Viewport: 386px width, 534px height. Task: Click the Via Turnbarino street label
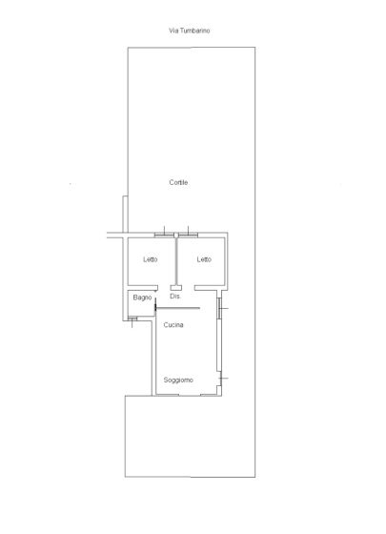190,31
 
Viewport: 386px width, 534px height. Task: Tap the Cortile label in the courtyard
178,182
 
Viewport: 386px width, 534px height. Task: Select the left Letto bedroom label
151,259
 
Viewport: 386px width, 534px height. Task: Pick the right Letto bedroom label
204,259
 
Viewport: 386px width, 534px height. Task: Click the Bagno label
142,298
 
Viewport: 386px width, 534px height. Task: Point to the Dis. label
175,297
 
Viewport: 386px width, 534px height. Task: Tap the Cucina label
173,325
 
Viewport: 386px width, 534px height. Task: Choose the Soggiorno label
178,380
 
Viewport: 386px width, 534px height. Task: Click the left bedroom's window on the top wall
164,235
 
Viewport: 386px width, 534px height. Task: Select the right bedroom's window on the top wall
188,235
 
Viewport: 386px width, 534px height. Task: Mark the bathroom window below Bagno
132,318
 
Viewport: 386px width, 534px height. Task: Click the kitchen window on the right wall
219,308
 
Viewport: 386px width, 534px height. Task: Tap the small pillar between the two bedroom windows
176,235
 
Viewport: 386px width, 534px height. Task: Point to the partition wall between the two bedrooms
176,261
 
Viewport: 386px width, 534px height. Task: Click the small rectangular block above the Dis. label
176,288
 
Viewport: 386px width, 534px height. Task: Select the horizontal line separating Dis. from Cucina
177,308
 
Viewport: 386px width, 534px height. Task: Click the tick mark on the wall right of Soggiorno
224,378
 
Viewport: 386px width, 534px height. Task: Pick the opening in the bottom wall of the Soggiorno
190,395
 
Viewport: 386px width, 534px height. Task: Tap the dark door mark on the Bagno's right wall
155,305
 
